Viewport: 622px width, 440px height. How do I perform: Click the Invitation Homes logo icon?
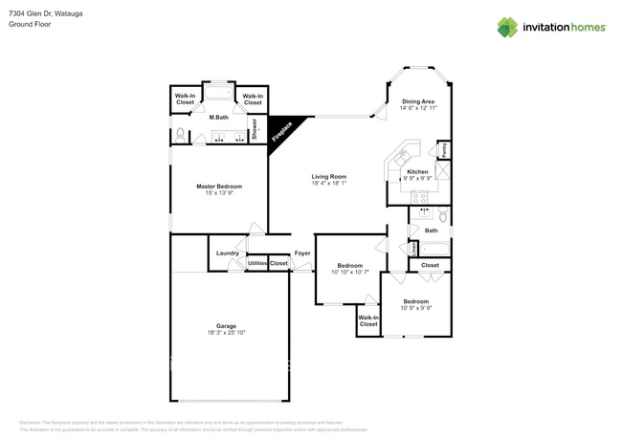pyautogui.click(x=507, y=27)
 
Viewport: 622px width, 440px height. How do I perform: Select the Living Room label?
pyautogui.click(x=328, y=177)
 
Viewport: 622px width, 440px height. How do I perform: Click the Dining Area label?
pyautogui.click(x=417, y=101)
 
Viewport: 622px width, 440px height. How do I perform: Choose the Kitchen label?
pyautogui.click(x=417, y=172)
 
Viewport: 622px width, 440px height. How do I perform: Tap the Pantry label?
pyautogui.click(x=445, y=150)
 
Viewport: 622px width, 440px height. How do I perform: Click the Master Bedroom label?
pyautogui.click(x=219, y=187)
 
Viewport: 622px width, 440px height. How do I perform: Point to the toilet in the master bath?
pyautogui.click(x=179, y=134)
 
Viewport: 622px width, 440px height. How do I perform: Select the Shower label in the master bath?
pyautogui.click(x=255, y=130)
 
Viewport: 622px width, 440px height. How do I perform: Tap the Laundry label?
pyautogui.click(x=227, y=253)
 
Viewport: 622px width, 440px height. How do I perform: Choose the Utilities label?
pyautogui.click(x=257, y=263)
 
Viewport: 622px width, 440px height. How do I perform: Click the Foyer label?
pyautogui.click(x=301, y=253)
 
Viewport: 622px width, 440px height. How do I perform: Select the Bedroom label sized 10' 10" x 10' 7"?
pyautogui.click(x=349, y=265)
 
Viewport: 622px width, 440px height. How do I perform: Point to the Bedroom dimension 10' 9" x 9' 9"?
pyautogui.click(x=415, y=308)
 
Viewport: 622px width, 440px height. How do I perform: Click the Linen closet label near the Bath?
pyautogui.click(x=413, y=248)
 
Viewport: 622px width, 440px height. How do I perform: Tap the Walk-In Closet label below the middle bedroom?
pyautogui.click(x=368, y=320)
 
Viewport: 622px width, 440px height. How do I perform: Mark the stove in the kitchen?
pyautogui.click(x=419, y=196)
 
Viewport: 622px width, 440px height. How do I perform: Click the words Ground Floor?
pyautogui.click(x=30, y=24)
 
